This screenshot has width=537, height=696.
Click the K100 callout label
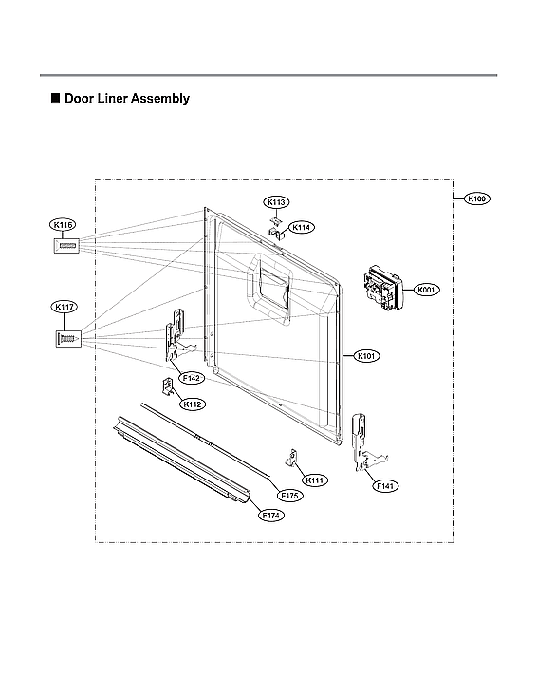[477, 198]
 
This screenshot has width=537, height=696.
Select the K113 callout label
[277, 202]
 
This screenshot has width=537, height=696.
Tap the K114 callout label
[302, 227]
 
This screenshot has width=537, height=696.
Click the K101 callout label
[367, 356]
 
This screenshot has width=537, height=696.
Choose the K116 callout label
[64, 225]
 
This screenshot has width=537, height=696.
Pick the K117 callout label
[64, 307]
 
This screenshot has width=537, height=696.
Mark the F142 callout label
[193, 378]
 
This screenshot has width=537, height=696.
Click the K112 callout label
[194, 404]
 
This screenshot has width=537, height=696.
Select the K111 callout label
[316, 480]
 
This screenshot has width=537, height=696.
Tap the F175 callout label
[290, 496]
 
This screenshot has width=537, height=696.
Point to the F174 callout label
[272, 516]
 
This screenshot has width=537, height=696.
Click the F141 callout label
[385, 485]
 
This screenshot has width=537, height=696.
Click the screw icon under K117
[65, 337]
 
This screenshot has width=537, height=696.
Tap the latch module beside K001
[380, 286]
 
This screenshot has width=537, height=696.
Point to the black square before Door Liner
[55, 99]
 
